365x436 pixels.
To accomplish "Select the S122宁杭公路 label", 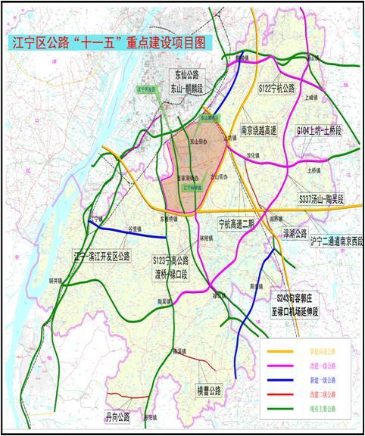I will [x=278, y=89].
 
